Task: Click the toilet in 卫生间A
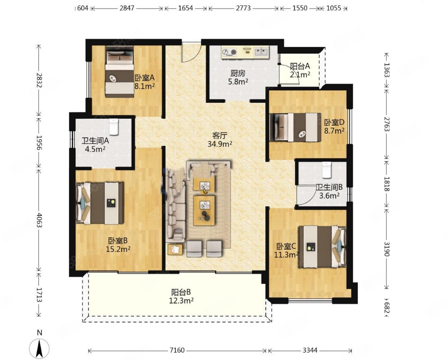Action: [x=114, y=127]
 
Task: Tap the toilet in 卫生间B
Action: [x=326, y=170]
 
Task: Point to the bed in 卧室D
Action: [x=296, y=127]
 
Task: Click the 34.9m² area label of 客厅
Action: [x=220, y=144]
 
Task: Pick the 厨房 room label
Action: [x=238, y=73]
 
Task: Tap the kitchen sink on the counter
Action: [x=261, y=52]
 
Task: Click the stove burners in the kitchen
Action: [x=230, y=52]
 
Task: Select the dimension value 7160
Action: [x=177, y=350]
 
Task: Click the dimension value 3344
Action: [x=310, y=350]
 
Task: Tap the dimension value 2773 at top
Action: [x=243, y=8]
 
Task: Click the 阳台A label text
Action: [x=300, y=66]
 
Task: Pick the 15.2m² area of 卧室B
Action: [x=118, y=249]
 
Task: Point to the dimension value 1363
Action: [x=387, y=70]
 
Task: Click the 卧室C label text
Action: [x=286, y=246]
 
